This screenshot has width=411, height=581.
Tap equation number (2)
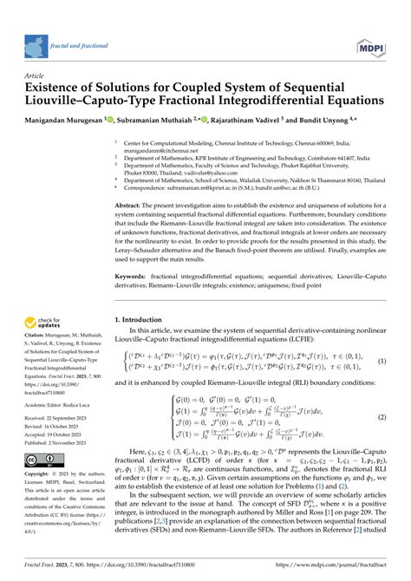pyautogui.click(x=381, y=416)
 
